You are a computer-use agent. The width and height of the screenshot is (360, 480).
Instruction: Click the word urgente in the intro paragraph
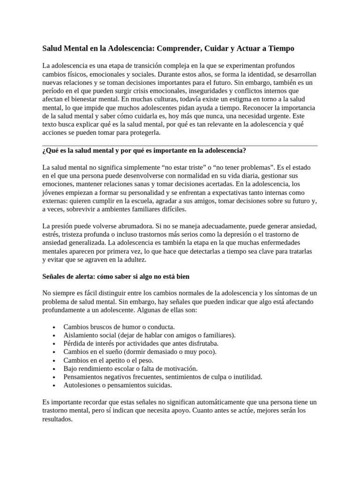point(276,116)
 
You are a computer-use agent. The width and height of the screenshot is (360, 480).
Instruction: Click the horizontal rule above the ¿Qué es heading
point(180,146)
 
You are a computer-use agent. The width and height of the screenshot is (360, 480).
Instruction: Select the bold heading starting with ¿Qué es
point(144,150)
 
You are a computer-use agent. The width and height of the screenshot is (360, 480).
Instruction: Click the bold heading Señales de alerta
point(116,277)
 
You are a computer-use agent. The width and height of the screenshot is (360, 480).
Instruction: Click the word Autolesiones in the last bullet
point(82,385)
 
